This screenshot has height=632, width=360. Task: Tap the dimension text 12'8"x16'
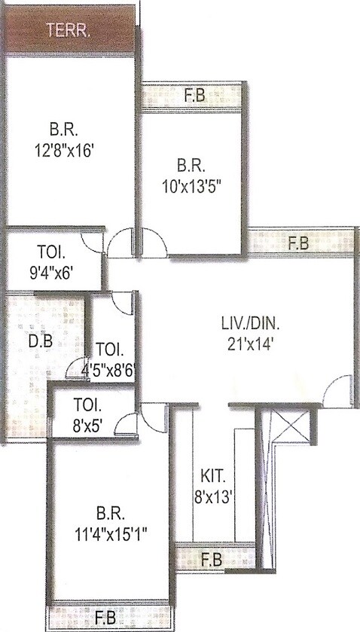(67, 151)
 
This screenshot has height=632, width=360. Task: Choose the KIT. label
(213, 476)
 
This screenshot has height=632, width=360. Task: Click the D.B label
(40, 339)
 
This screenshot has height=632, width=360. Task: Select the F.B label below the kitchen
(213, 560)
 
